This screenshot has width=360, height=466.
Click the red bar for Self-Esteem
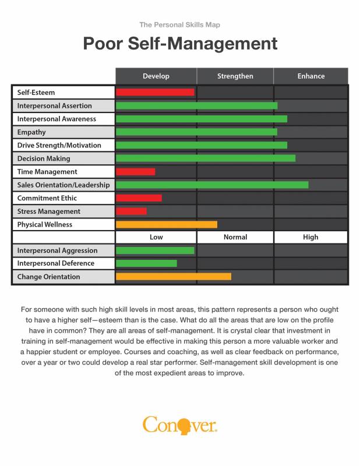(x=155, y=92)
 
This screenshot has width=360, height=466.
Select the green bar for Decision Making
(x=206, y=158)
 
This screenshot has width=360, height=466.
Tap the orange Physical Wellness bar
(x=167, y=224)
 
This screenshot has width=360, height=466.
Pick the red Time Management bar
(x=136, y=172)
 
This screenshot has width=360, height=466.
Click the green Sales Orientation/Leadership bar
(x=212, y=185)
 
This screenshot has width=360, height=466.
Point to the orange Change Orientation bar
(x=174, y=277)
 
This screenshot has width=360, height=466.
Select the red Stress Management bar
(x=132, y=211)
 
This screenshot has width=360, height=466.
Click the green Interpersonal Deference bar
(x=146, y=263)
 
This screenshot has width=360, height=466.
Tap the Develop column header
(x=156, y=76)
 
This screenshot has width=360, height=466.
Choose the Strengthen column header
(x=235, y=76)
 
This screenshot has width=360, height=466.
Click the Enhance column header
(x=311, y=76)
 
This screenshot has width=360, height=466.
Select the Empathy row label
(x=31, y=132)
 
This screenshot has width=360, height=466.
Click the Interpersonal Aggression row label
(x=57, y=250)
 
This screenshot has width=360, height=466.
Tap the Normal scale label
(x=235, y=237)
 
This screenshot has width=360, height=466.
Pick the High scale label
(x=311, y=237)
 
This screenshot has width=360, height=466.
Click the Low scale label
(x=156, y=237)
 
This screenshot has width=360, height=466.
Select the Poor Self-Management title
(x=180, y=44)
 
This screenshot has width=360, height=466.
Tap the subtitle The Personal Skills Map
(x=180, y=24)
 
